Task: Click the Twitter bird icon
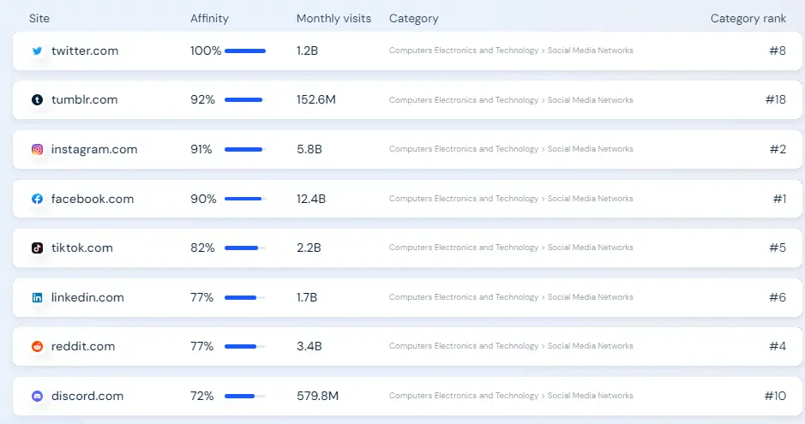point(37,51)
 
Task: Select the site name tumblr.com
point(84,100)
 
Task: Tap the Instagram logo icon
point(37,150)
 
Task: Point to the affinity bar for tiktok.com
point(244,248)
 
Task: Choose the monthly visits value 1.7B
point(307,297)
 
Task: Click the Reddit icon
point(37,347)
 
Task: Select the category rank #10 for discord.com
point(775,396)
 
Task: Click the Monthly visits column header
point(333,19)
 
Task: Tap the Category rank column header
point(748,19)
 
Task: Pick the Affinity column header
point(209,19)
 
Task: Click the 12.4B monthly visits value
point(311,199)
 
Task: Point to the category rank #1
point(779,199)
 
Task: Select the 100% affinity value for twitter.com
point(206,51)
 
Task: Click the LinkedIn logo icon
point(37,298)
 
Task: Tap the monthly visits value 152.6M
point(315,100)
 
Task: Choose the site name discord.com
point(87,396)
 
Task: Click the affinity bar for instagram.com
point(244,150)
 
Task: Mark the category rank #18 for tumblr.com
point(775,100)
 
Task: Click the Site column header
point(39,19)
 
